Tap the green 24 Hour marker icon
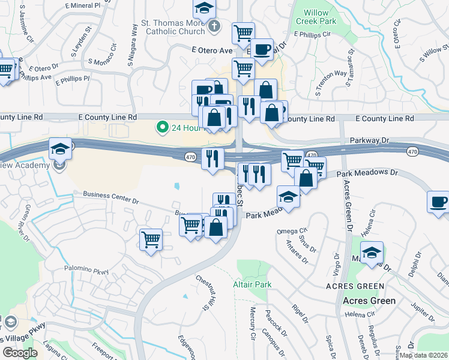[x=161, y=127]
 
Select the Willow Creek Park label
[x=316, y=17]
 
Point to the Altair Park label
[x=252, y=284]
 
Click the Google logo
[x=20, y=353]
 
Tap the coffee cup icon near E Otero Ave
[x=262, y=49]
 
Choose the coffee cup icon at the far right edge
[x=438, y=202]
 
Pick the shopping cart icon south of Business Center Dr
[x=151, y=240]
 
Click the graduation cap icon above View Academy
[x=60, y=148]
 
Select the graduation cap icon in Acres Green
[x=372, y=252]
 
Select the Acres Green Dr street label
[x=347, y=205]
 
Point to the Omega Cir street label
[x=292, y=231]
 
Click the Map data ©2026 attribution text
[x=424, y=355]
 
